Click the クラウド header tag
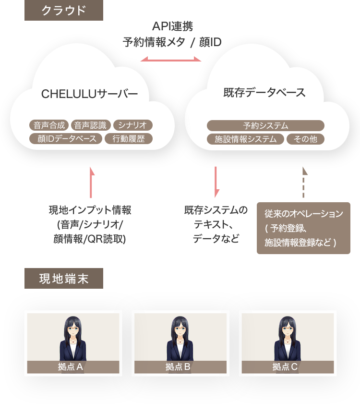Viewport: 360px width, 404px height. pos(63,10)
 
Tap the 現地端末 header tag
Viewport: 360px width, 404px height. pos(63,279)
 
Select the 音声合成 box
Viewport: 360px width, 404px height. pos(49,126)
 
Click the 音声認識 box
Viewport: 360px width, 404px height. pos(91,126)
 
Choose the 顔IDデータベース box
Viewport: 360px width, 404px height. pos(66,139)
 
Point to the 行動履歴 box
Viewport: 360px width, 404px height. pos(128,139)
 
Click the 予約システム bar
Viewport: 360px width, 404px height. pos(265,126)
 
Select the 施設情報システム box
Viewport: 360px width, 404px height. pos(245,139)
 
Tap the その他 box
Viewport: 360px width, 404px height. pos(305,139)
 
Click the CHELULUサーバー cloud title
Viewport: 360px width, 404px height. pos(89,94)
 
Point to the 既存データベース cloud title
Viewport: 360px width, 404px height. pos(264,93)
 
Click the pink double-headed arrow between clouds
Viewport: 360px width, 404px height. pos(171,60)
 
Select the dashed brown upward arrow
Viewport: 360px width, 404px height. pos(303,182)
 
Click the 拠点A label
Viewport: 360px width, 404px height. pos(73,367)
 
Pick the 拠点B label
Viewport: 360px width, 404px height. pos(180,367)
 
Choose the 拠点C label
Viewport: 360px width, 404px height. pos(288,367)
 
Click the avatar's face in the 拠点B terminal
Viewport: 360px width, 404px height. pos(180,330)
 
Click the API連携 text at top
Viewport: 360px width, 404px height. pos(172,26)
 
